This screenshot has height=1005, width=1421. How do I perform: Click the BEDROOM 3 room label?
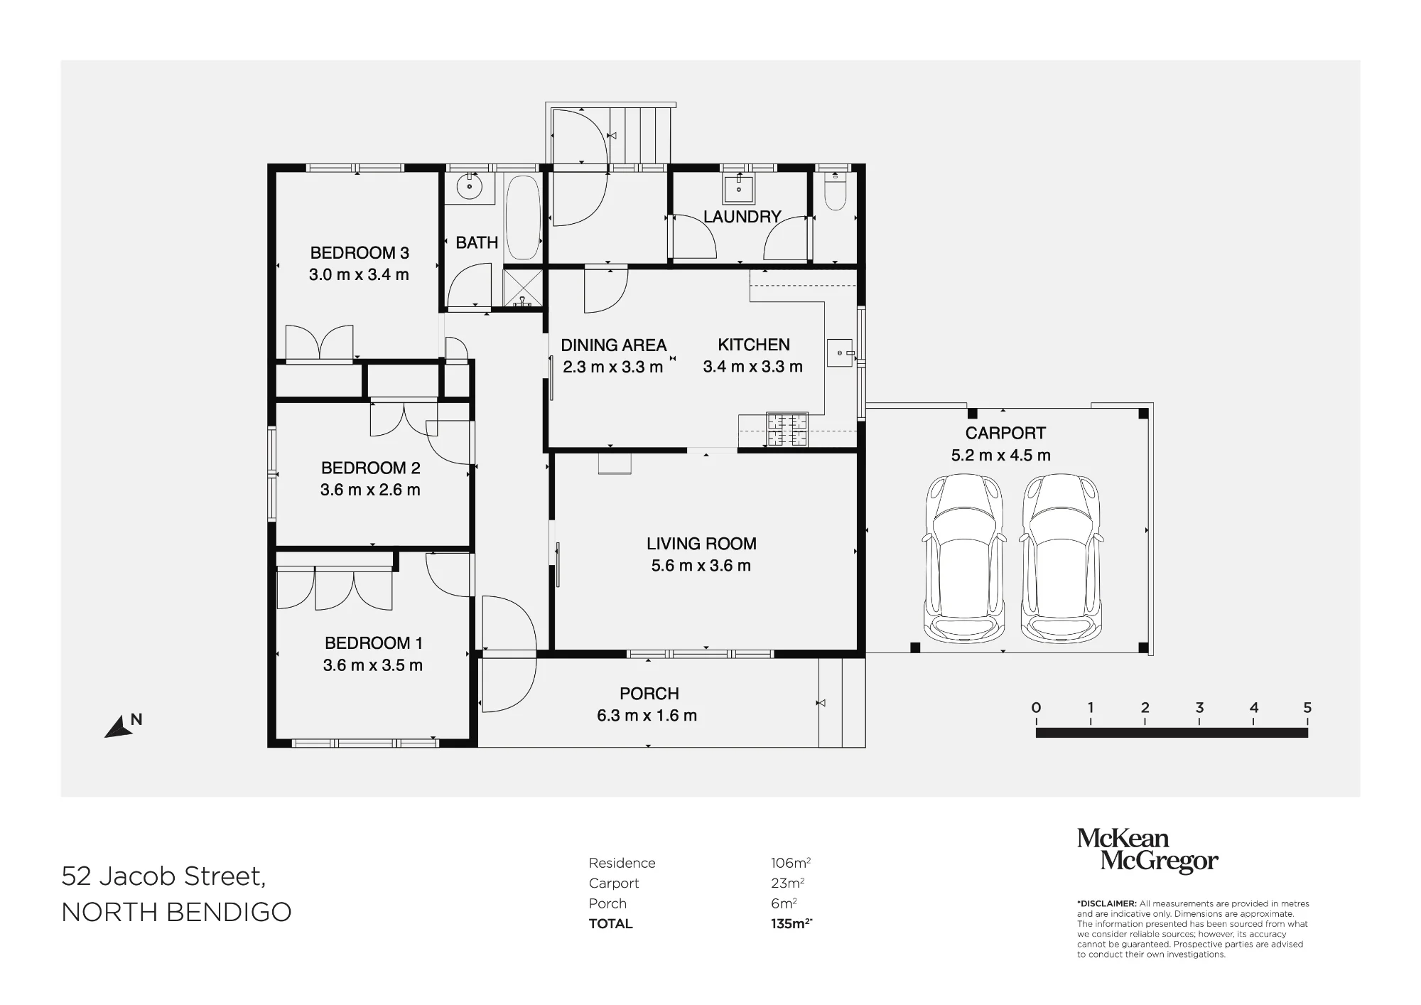(x=360, y=252)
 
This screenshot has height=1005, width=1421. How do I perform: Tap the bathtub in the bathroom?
(x=522, y=217)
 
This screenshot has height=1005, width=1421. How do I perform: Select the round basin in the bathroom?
(x=468, y=188)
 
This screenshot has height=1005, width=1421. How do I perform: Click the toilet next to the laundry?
(x=835, y=192)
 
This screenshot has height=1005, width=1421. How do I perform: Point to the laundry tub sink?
(x=739, y=189)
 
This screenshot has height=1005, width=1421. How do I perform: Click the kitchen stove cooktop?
(x=787, y=430)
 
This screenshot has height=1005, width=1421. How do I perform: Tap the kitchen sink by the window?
(x=839, y=353)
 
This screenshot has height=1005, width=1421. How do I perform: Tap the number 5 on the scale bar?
(x=1307, y=707)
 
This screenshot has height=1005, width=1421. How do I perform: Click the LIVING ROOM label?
(x=701, y=544)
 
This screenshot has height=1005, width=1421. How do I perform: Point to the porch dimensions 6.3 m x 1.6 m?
(x=647, y=716)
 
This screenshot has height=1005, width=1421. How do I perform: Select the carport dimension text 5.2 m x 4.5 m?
(x=1001, y=455)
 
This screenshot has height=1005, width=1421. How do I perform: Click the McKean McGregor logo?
(x=1147, y=850)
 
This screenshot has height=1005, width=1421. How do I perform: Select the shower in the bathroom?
(x=523, y=288)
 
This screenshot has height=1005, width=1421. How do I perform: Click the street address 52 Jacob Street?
(x=163, y=876)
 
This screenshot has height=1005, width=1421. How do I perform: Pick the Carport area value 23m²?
(x=787, y=883)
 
